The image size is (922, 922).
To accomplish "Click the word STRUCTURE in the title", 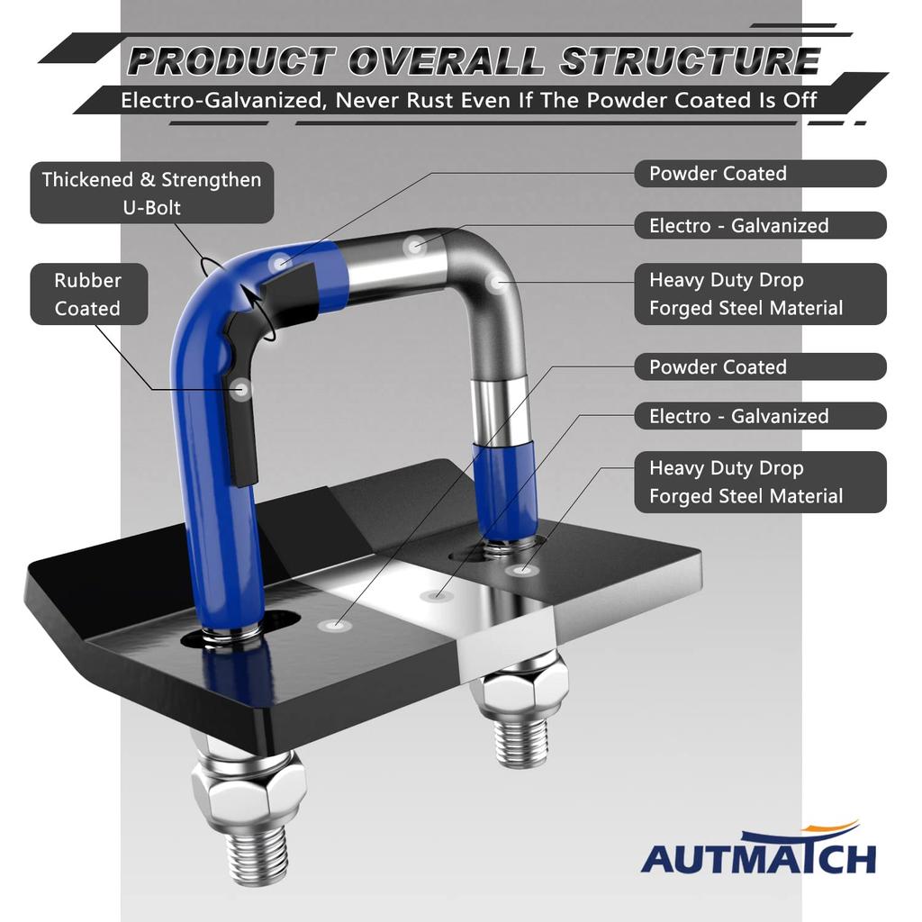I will [x=690, y=61].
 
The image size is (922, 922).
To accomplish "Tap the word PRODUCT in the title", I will [x=229, y=61].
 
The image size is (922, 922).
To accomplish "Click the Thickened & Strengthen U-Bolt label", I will [x=151, y=193].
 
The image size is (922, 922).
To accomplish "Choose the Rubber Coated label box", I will [x=86, y=294].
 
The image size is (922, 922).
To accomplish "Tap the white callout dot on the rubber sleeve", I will [x=240, y=390].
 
